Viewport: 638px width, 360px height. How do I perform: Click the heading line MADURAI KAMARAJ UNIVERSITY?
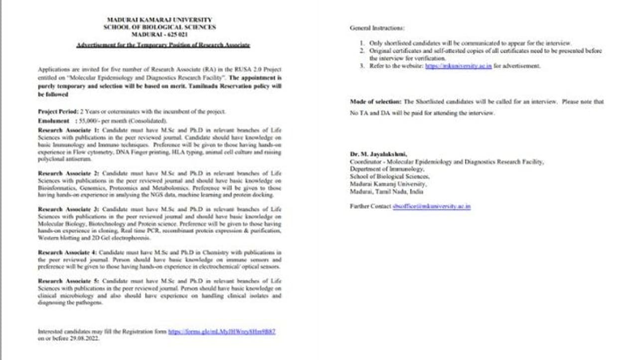tap(159, 20)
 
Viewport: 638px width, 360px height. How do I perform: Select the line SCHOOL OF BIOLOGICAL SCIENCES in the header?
tap(159, 27)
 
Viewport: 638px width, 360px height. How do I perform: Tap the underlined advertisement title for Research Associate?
tap(163, 45)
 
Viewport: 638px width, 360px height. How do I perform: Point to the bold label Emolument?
tap(53, 121)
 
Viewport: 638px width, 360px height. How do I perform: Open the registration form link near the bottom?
tap(221, 332)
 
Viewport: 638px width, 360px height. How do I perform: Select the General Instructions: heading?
tap(377, 28)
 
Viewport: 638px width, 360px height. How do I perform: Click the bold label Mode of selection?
tap(375, 102)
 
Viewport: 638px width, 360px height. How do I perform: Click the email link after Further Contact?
tap(431, 206)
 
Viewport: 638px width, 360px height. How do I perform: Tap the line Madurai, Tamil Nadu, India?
tap(386, 191)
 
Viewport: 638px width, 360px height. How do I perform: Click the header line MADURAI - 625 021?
tap(159, 34)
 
